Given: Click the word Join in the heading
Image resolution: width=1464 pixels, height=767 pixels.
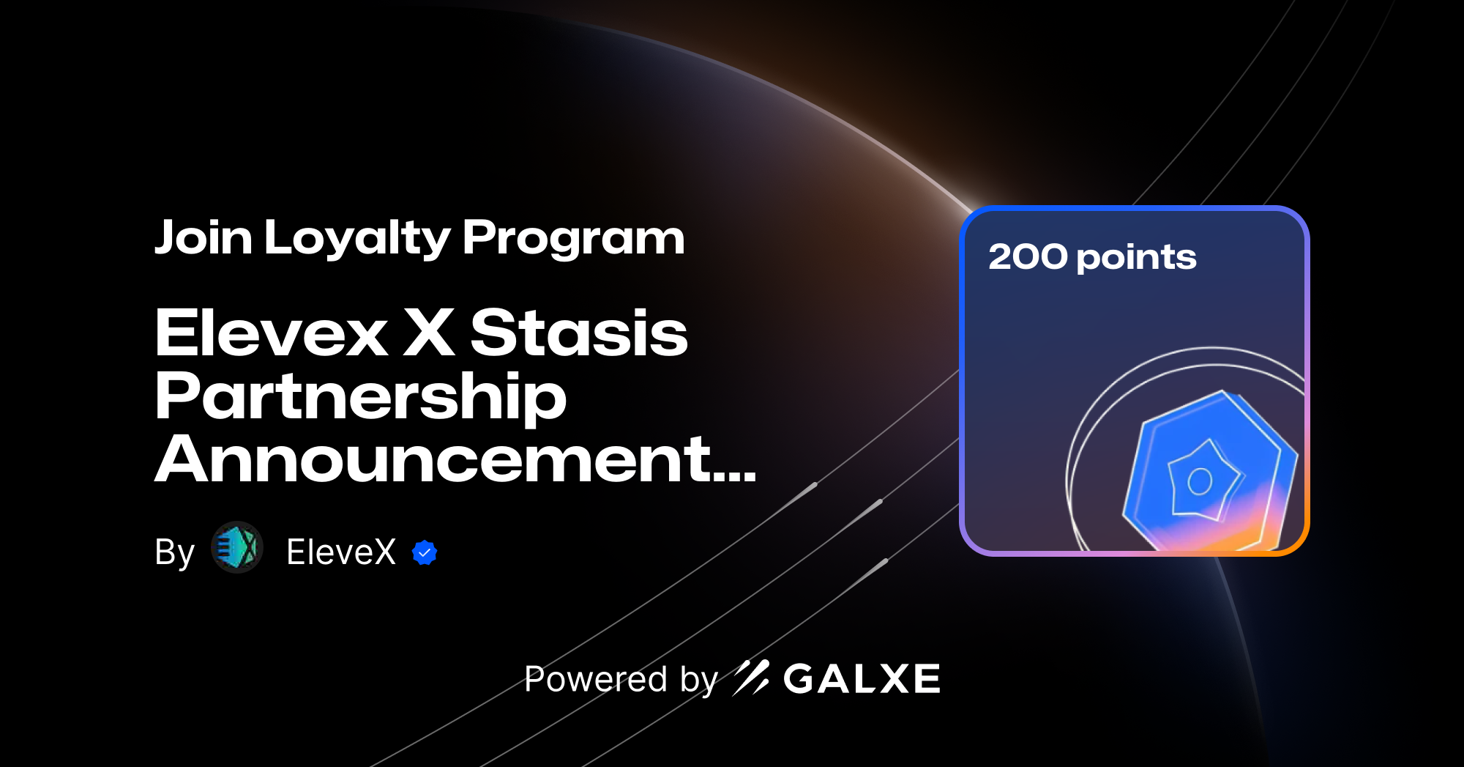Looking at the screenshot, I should pyautogui.click(x=203, y=238).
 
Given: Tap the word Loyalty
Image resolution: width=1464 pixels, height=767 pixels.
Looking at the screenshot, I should pyautogui.click(x=357, y=239).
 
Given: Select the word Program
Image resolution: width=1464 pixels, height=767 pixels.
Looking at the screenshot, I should pyautogui.click(x=573, y=239).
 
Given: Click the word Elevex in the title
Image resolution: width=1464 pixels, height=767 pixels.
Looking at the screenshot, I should pyautogui.click(x=271, y=333).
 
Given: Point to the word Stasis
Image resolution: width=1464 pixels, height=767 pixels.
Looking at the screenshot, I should pyautogui.click(x=578, y=333).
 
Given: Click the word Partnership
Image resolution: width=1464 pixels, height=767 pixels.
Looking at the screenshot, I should pyautogui.click(x=360, y=397).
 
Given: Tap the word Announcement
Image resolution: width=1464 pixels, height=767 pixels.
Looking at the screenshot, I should pyautogui.click(x=432, y=460).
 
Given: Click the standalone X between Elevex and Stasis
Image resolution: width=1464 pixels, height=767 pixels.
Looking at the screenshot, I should pyautogui.click(x=429, y=333).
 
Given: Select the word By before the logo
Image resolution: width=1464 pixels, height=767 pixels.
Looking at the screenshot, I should pyautogui.click(x=174, y=552).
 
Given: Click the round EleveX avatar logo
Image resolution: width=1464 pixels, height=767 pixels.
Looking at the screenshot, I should pyautogui.click(x=237, y=547).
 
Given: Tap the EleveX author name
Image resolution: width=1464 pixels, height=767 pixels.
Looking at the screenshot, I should pyautogui.click(x=341, y=552).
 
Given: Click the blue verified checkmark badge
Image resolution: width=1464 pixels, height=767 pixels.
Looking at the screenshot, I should pyautogui.click(x=425, y=552).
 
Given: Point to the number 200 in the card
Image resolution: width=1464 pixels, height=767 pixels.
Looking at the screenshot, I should pyautogui.click(x=1028, y=257).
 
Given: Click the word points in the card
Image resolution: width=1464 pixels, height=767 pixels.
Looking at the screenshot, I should pyautogui.click(x=1137, y=259).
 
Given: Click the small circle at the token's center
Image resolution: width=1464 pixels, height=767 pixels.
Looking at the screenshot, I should pyautogui.click(x=1200, y=481).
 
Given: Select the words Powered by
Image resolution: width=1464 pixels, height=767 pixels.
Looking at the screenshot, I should pyautogui.click(x=621, y=679).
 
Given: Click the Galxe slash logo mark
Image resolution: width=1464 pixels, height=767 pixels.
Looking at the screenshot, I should pyautogui.click(x=751, y=678).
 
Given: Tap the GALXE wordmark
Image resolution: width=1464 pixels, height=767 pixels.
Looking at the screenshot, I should pyautogui.click(x=862, y=679).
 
